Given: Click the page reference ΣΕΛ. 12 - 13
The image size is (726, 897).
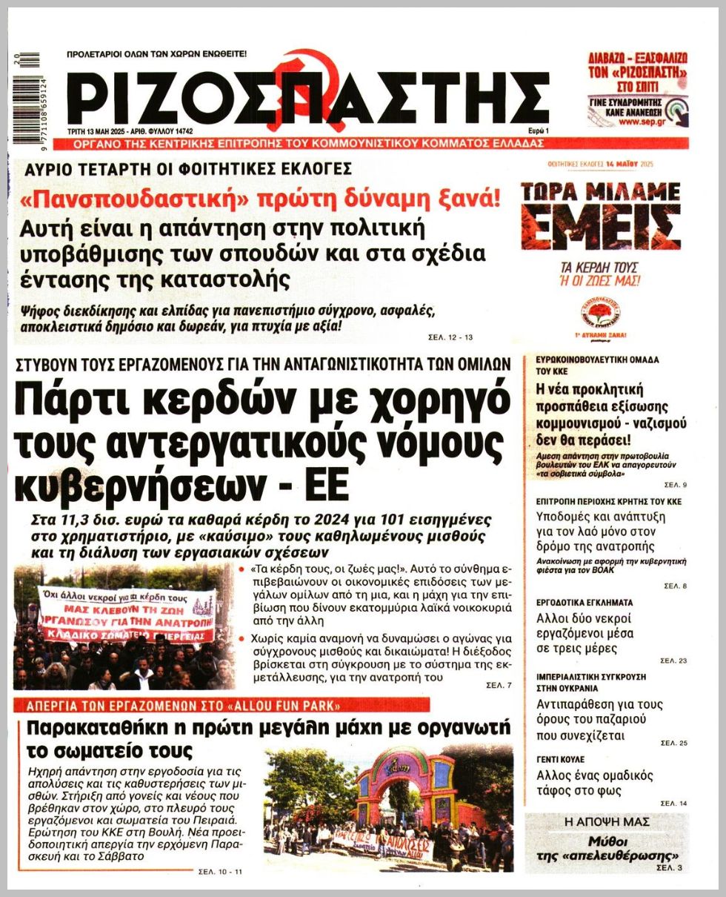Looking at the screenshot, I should pyautogui.click(x=450, y=337).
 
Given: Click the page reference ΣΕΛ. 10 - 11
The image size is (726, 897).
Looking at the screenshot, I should pyautogui.click(x=220, y=871).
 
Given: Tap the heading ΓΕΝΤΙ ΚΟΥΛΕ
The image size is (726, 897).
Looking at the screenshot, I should pyautogui.click(x=561, y=760).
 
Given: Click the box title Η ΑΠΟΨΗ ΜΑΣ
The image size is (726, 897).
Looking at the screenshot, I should pyautogui.click(x=607, y=821).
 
